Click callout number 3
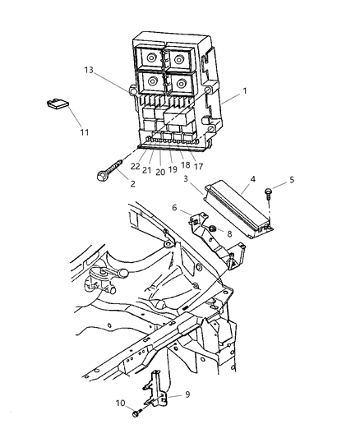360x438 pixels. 187,178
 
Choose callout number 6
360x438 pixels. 174,208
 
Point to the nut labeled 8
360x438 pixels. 212,228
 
